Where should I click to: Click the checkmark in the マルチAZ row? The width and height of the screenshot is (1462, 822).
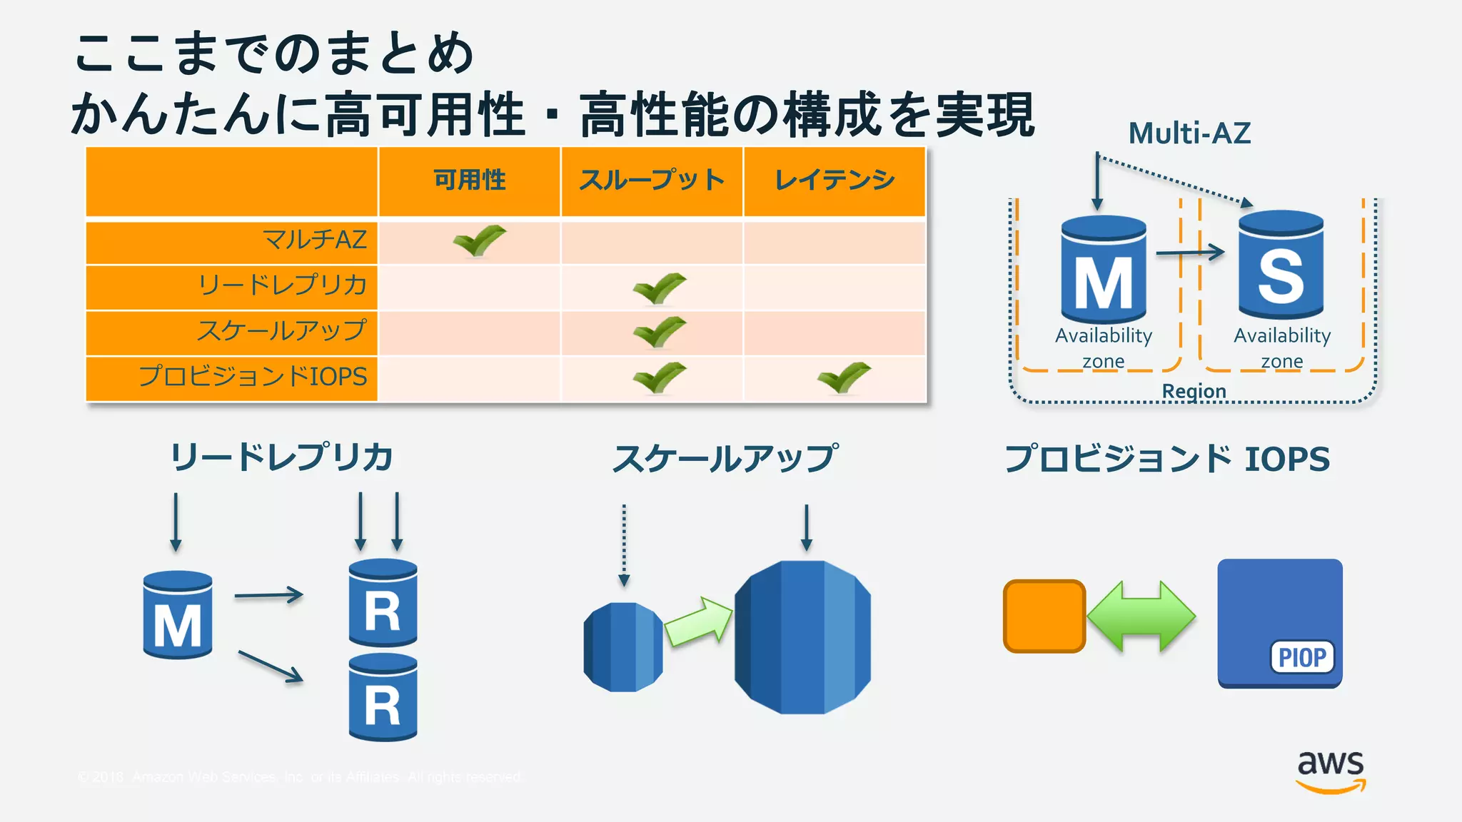coord(479,240)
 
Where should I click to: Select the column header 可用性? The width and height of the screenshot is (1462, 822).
coord(469,180)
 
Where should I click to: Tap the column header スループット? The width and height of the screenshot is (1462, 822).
coord(652,180)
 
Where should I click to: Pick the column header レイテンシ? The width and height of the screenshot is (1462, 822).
coord(835,180)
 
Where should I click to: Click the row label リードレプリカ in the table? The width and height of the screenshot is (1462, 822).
coord(282,285)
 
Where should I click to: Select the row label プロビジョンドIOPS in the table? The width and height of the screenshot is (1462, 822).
coord(253,376)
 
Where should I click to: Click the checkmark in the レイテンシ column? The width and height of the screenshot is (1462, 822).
coord(844,377)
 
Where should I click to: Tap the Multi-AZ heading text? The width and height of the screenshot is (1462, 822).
coord(1189,133)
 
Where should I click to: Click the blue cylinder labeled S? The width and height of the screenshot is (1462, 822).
coord(1281,265)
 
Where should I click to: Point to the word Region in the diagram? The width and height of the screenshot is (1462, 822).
coord(1194,391)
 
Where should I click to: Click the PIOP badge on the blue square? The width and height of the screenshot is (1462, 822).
coord(1302,657)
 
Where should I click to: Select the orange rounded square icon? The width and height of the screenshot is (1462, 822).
coord(1044,616)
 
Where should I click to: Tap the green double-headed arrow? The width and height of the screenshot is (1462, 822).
coord(1141,616)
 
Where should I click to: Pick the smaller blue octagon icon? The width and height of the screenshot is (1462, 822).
coord(622,646)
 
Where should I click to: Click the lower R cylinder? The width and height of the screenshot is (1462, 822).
coord(383,698)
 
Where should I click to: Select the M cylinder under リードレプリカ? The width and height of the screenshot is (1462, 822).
coord(177,615)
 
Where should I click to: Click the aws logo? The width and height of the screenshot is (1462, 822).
coord(1331,771)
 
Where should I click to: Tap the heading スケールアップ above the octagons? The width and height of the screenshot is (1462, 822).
coord(725,458)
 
